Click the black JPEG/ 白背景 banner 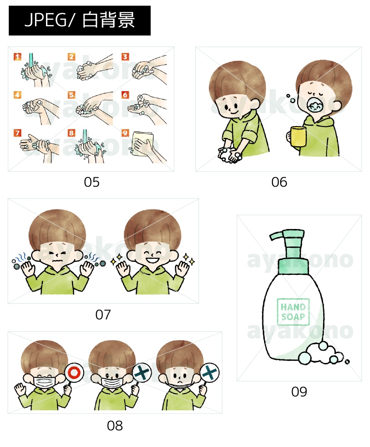coord(80,21)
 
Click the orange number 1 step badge coord(18,57)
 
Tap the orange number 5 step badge coord(71,95)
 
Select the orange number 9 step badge coord(125,133)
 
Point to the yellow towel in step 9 coord(143,147)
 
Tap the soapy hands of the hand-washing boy coord(230,155)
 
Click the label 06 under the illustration coord(279,182)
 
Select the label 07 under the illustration coord(103,315)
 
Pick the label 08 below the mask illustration coord(115,426)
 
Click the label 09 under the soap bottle coord(299,392)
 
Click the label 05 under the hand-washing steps coord(92,182)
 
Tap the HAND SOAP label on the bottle coord(293,312)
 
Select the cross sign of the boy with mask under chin coord(209,372)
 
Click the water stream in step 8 coord(85,137)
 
